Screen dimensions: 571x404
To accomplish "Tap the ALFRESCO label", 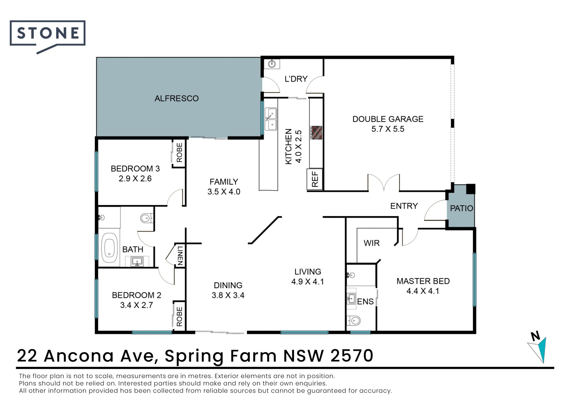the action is (x=176, y=98).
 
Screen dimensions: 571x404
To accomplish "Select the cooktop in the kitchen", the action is (x=316, y=132).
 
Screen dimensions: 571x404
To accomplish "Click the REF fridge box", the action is (x=315, y=179).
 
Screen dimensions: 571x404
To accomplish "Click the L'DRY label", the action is (x=296, y=79).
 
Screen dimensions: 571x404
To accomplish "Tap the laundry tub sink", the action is (x=272, y=63).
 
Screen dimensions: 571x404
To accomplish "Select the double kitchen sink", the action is (x=271, y=119).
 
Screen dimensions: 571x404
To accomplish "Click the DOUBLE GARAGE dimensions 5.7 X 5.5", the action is (x=388, y=129).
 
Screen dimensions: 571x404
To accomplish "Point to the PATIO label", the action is (x=462, y=208).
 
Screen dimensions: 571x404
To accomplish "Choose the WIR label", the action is (x=371, y=243).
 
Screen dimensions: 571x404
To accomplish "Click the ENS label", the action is (x=365, y=302).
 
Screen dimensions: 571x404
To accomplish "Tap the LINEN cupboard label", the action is (x=180, y=256).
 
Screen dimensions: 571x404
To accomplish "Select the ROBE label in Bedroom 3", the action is (x=179, y=153).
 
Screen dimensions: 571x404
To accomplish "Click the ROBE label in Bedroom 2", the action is (x=179, y=317).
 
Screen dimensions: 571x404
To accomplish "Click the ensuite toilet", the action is (x=354, y=321).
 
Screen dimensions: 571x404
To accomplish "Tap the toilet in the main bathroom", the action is (x=147, y=218).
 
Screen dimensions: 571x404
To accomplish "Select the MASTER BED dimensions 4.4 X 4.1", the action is (x=423, y=291).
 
